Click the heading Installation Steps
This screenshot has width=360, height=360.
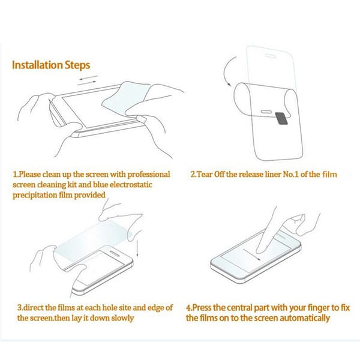(x=51, y=65)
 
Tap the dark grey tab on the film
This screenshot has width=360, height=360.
(x=282, y=118)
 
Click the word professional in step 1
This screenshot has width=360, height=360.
(x=149, y=174)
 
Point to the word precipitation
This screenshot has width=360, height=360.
(x=34, y=195)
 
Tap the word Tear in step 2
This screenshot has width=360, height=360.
(x=205, y=175)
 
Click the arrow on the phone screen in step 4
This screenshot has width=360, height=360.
(x=252, y=254)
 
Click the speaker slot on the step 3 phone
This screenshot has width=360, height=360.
(x=115, y=253)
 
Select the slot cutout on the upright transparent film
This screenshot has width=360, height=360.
(x=271, y=56)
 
